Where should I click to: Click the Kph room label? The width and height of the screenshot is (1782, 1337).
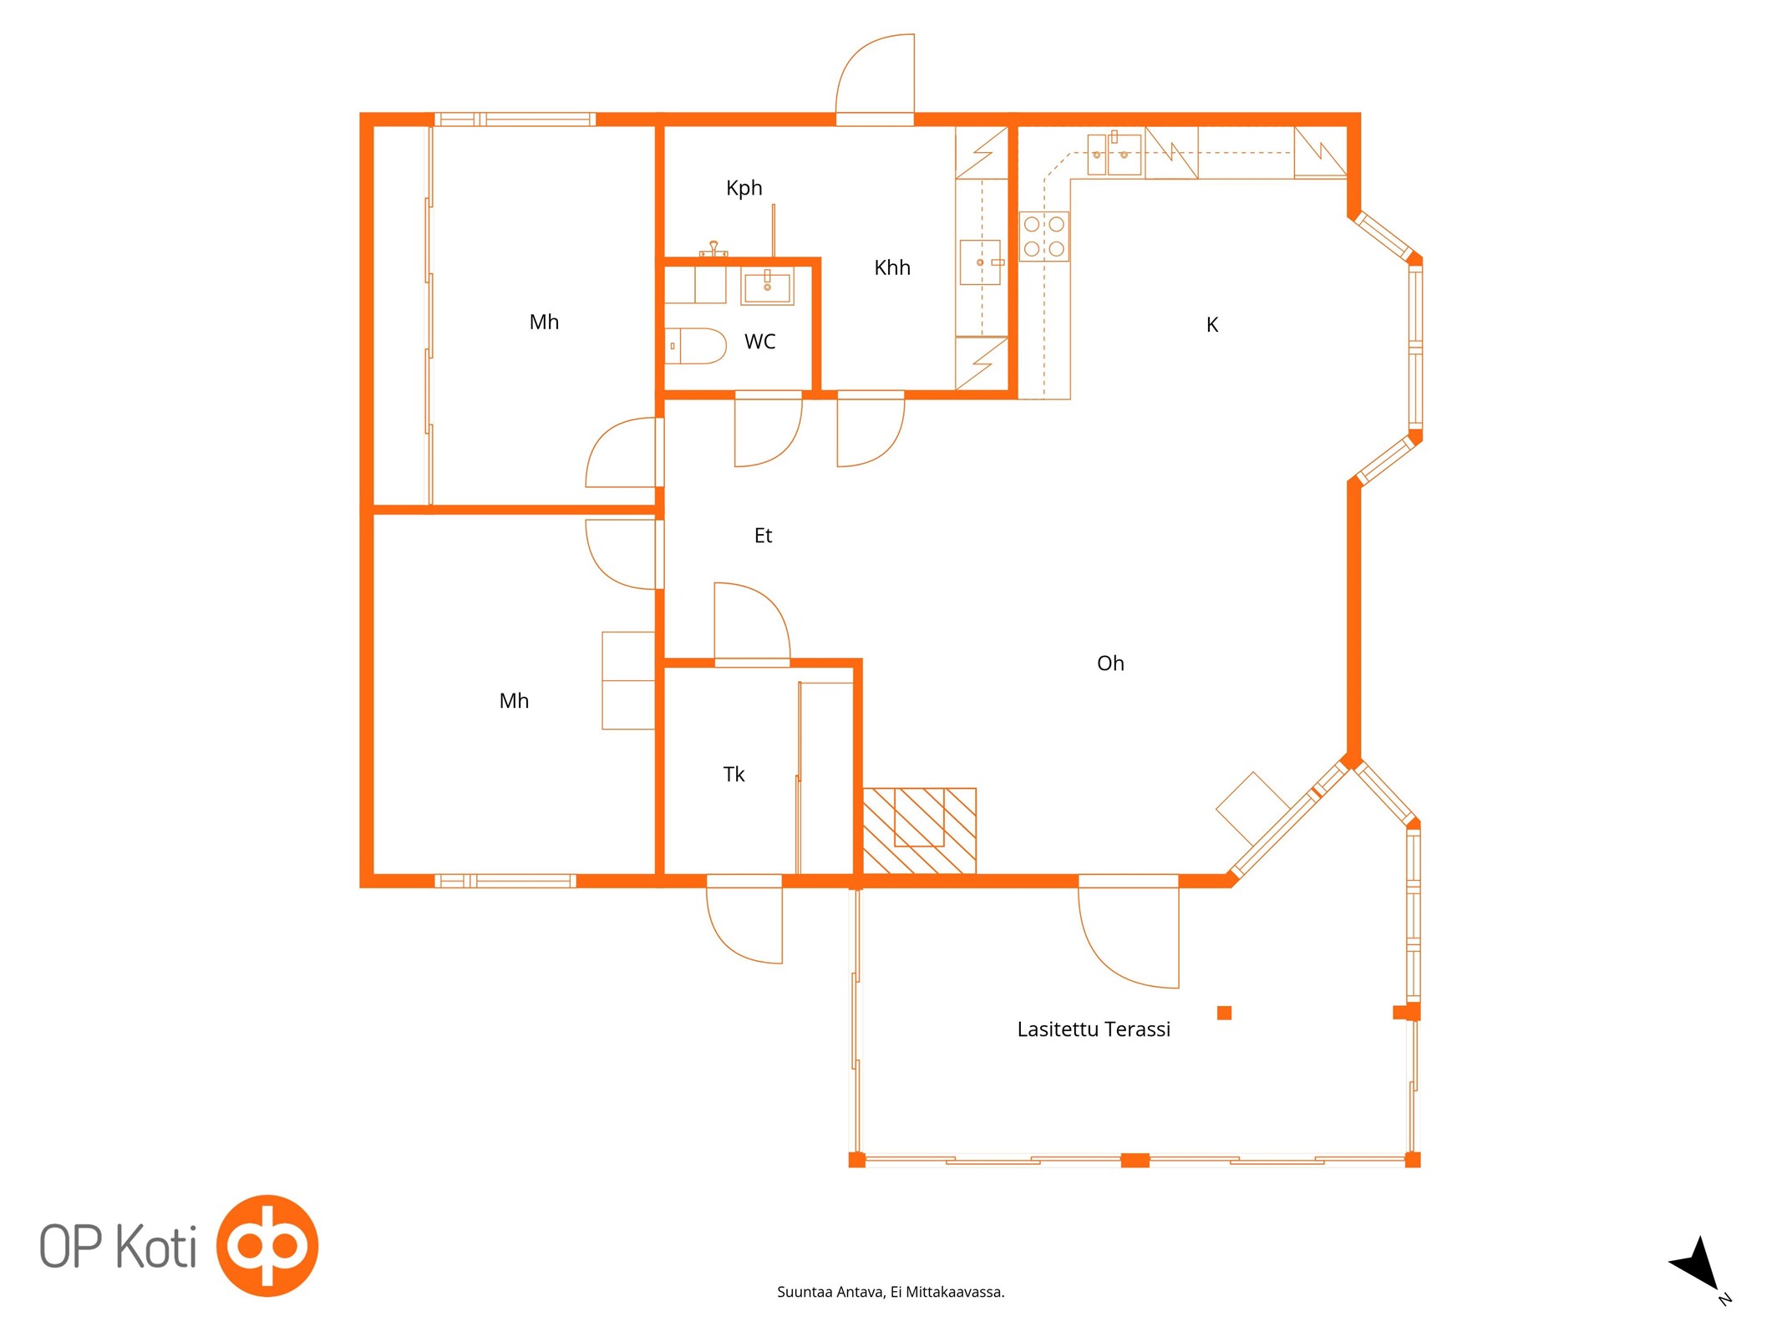[744, 188]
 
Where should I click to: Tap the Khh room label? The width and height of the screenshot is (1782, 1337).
[891, 267]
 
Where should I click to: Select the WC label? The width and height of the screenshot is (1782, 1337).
[759, 341]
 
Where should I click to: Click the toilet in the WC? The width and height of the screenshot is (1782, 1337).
[695, 346]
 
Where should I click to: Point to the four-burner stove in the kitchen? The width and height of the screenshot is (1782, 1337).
[1043, 236]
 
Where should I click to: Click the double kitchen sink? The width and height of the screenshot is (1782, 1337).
[1114, 154]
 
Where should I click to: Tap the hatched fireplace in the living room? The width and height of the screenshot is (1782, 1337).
[919, 831]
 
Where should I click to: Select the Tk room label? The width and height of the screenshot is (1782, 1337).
[734, 775]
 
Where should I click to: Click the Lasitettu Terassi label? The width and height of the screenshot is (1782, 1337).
[1093, 1029]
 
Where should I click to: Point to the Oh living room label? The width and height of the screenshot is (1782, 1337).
[1110, 663]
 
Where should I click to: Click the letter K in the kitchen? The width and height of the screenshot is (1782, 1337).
[1211, 324]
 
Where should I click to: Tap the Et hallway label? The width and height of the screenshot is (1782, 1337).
[763, 536]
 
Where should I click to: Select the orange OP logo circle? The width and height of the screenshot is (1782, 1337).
[267, 1245]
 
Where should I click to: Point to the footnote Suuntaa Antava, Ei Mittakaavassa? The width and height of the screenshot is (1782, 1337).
[891, 1292]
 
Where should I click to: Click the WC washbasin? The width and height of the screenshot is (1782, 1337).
[767, 287]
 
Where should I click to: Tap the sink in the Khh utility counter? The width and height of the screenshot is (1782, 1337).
[980, 262]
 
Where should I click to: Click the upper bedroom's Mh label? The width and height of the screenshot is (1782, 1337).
[544, 323]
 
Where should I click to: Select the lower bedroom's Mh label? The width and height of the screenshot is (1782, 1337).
[514, 701]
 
